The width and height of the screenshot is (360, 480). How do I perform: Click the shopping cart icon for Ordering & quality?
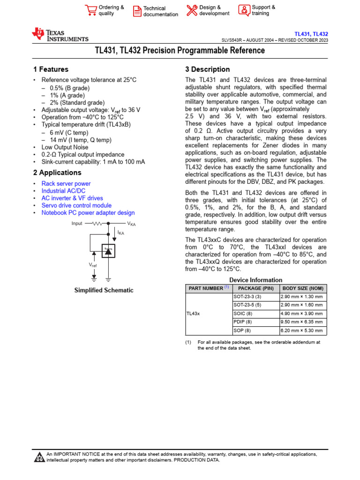point(90,10)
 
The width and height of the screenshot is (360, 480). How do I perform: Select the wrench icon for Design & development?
point(192,10)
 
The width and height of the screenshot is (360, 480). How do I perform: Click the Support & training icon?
point(244,10)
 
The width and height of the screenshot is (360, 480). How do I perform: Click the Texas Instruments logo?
point(60,35)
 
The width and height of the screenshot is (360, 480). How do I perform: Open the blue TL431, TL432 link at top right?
point(311,34)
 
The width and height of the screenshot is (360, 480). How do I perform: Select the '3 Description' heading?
point(208,69)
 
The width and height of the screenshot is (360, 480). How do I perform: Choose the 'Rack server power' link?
point(66,184)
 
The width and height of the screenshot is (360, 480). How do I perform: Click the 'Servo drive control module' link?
point(76,205)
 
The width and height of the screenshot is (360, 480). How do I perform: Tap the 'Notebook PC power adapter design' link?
point(88,213)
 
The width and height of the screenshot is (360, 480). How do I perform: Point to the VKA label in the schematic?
point(132,224)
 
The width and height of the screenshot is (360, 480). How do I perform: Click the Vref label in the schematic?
point(93,265)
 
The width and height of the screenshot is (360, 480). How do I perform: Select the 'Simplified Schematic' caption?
point(104,291)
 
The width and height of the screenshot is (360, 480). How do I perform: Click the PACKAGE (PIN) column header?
point(255,288)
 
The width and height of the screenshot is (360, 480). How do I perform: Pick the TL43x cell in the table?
point(193,313)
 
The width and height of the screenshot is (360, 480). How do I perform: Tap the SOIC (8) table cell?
point(243,313)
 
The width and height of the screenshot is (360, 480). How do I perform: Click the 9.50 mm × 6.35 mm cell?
point(302,322)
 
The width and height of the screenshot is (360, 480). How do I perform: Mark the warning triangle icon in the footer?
point(39,457)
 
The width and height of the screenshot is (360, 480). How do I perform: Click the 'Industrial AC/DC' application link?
point(63,191)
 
